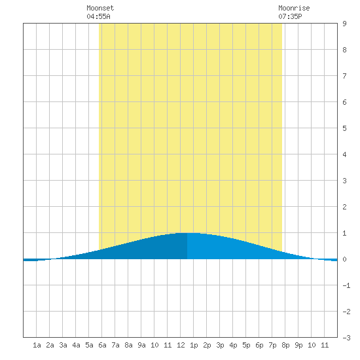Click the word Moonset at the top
[100, 8]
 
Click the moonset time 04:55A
[98, 16]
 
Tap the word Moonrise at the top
[294, 8]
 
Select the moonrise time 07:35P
[290, 16]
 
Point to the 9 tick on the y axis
[344, 24]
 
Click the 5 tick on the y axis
[344, 128]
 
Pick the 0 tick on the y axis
[344, 259]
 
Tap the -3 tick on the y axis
[346, 338]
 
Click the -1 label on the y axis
[346, 285]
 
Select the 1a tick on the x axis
[37, 345]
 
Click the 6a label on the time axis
[102, 345]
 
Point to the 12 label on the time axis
[181, 345]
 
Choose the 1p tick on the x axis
[194, 345]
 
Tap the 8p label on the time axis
[285, 345]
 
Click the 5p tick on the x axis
[246, 345]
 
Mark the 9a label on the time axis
[141, 345]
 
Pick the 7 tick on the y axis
[344, 76]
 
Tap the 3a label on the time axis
[63, 345]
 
